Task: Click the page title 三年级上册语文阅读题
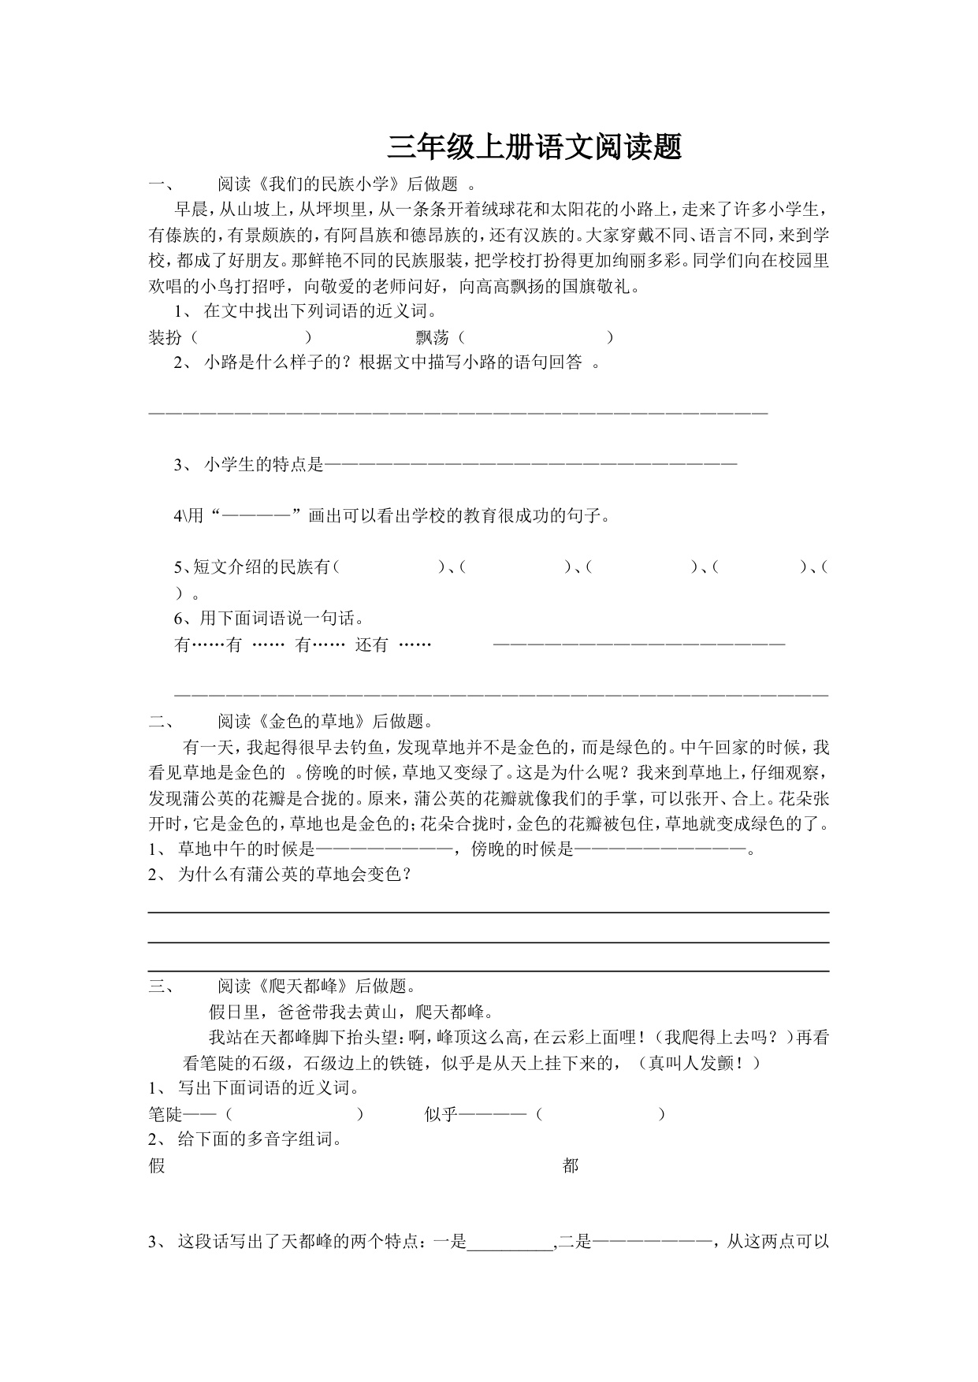pyautogui.click(x=534, y=147)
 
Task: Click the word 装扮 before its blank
pyautogui.click(x=165, y=337)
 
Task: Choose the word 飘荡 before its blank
pyautogui.click(x=432, y=337)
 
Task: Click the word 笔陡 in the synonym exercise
pyautogui.click(x=165, y=1114)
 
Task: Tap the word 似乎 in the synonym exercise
pyautogui.click(x=441, y=1114)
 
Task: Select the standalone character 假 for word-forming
pyautogui.click(x=157, y=1165)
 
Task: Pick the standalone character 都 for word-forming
pyautogui.click(x=571, y=1165)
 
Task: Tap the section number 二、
pyautogui.click(x=164, y=722)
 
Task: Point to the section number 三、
pyautogui.click(x=164, y=986)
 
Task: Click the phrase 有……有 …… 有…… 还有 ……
pyautogui.click(x=303, y=645)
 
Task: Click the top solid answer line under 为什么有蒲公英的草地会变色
pyautogui.click(x=489, y=912)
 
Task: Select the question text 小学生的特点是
pyautogui.click(x=264, y=465)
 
